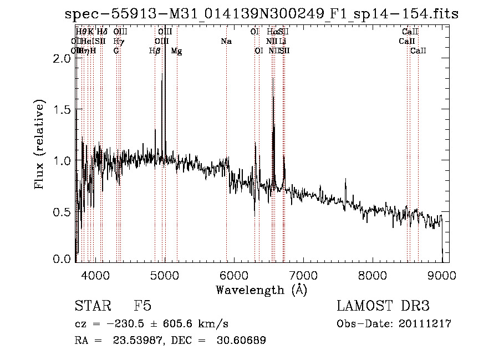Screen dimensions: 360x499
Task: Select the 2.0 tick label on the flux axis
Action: [63, 58]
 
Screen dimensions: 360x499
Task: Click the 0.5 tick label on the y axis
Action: [63, 212]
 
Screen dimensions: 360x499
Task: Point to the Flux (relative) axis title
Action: [40, 146]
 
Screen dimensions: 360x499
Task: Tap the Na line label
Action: [226, 42]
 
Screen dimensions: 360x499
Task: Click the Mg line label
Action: [176, 51]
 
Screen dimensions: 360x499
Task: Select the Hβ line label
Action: [155, 51]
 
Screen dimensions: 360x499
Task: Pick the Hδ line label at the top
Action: [102, 32]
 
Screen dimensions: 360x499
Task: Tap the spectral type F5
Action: [142, 306]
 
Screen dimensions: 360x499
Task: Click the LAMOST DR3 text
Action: [383, 306]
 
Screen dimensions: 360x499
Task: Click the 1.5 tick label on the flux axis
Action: [63, 110]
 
